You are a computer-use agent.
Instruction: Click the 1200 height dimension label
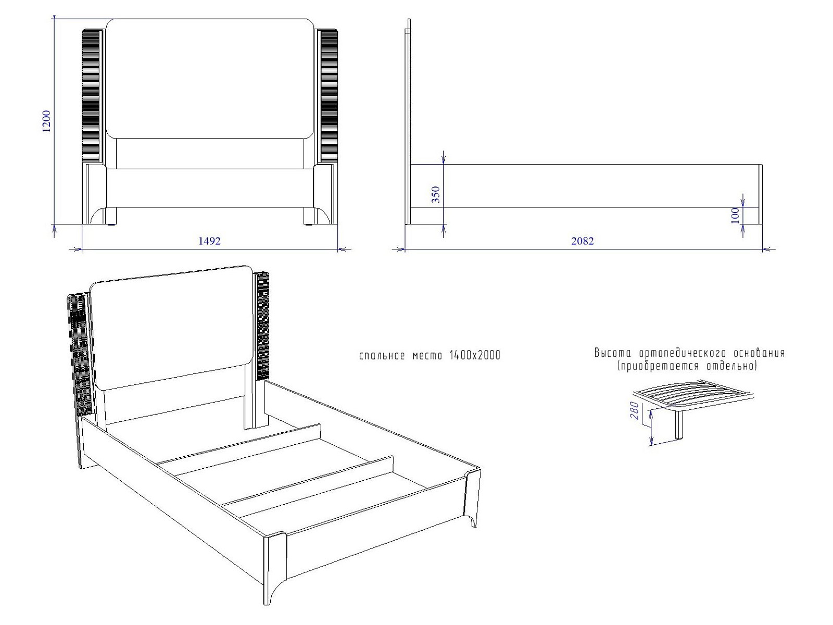coord(46,121)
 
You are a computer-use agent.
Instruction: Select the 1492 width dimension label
coord(209,241)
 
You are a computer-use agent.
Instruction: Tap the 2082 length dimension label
coord(583,241)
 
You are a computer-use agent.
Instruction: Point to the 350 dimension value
coord(436,195)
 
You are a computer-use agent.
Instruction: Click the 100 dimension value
coord(735,216)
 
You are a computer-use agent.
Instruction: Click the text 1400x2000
coord(475,355)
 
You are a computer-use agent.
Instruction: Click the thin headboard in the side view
coord(409,121)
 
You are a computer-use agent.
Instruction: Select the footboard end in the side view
coord(761,194)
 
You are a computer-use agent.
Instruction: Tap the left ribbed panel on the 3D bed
coord(81,355)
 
